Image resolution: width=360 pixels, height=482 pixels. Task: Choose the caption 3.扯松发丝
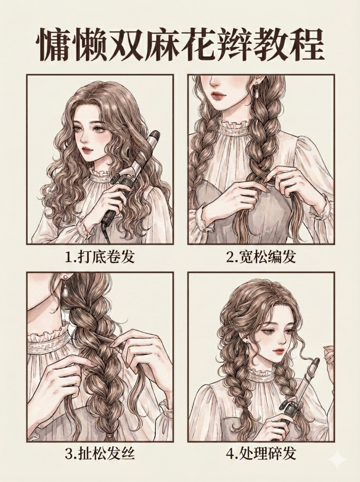[100, 453]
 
